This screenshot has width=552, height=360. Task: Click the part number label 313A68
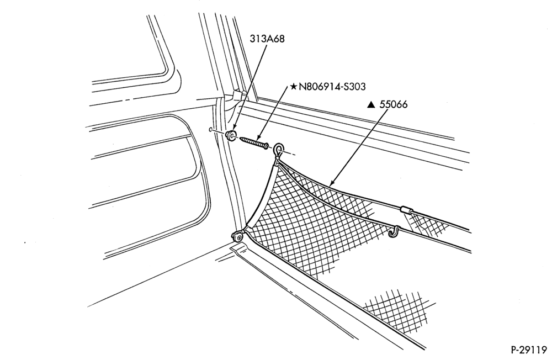tap(267, 39)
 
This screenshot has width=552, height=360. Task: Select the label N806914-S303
tap(327, 87)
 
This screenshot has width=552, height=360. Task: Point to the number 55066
tap(393, 104)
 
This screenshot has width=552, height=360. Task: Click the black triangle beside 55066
tap(371, 104)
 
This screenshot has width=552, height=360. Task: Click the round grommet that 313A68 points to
tap(231, 135)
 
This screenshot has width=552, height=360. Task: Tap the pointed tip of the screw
tap(241, 139)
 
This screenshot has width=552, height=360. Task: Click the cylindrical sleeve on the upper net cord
tap(407, 211)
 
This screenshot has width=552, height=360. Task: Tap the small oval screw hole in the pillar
tap(210, 130)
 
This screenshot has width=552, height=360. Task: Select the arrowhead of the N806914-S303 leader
tap(259, 137)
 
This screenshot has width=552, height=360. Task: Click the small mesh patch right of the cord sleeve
tap(429, 222)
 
